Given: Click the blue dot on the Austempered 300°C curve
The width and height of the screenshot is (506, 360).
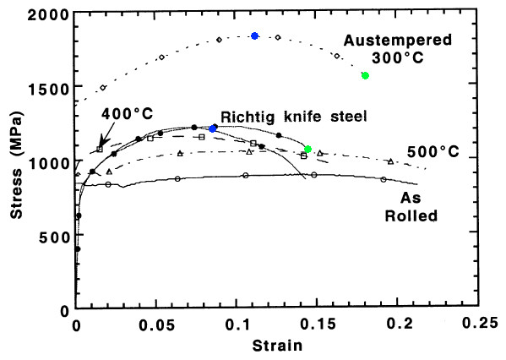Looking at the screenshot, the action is tap(254, 35).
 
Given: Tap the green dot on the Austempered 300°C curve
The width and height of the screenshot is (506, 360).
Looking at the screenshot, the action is tap(365, 75).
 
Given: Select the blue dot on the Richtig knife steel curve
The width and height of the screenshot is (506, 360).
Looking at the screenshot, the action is tap(212, 128).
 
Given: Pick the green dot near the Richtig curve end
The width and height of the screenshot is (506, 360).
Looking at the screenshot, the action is tap(307, 149).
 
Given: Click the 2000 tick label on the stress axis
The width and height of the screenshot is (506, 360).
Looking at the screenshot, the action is tap(49, 15).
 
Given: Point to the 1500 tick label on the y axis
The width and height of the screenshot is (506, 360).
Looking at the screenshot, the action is tap(49, 89).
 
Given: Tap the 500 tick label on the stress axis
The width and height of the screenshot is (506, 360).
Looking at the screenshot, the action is tap(54, 237).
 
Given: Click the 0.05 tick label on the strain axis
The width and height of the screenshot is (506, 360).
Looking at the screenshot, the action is tap(156, 325).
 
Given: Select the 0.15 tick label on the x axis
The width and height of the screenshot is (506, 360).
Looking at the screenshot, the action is tap(318, 325).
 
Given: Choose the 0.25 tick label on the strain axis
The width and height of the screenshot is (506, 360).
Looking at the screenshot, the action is tap(480, 323).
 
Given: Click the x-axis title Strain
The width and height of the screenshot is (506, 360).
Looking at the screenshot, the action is tap(278, 346).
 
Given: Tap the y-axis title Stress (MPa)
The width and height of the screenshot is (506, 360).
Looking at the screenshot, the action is tap(17, 166).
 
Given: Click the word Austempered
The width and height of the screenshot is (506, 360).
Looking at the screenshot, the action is tap(398, 41).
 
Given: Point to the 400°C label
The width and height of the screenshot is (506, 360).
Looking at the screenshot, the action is tap(128, 113).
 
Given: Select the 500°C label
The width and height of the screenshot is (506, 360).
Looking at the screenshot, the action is tap(433, 151).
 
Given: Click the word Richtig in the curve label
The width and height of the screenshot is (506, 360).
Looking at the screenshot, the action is tap(248, 117).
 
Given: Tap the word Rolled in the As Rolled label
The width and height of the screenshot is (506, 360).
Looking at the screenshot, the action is tap(411, 215).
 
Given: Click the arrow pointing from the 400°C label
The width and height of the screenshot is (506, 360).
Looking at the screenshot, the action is tap(107, 134).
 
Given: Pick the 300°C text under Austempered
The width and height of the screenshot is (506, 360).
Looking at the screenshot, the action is tap(398, 58).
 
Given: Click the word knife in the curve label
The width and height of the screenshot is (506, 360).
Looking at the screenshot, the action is tap(302, 116).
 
